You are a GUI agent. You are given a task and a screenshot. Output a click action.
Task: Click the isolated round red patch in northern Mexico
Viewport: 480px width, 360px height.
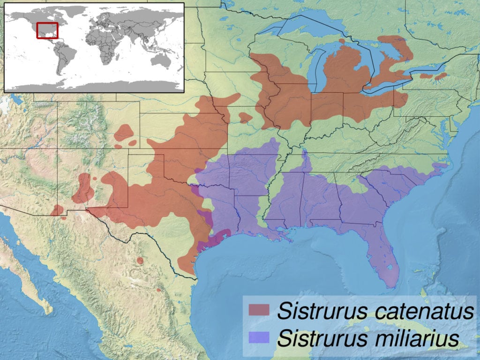140,260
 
